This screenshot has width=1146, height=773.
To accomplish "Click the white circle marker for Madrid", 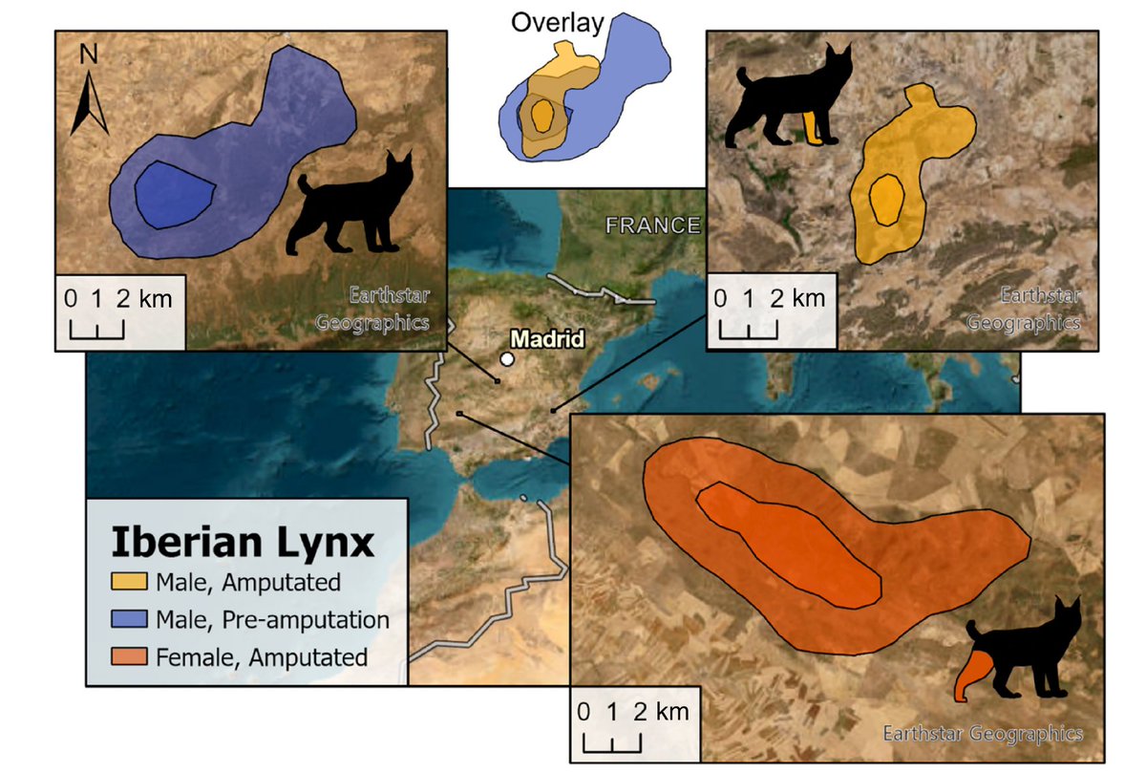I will (507, 359).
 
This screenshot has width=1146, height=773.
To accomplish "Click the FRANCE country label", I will (652, 225).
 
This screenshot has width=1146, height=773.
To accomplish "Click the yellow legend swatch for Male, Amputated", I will (128, 581).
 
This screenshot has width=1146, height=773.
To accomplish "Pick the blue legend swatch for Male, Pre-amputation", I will (128, 619).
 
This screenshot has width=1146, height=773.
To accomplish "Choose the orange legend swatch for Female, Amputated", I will (128, 656).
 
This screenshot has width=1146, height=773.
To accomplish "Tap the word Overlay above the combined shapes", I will (557, 23).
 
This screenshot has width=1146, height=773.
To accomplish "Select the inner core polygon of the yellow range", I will (887, 200).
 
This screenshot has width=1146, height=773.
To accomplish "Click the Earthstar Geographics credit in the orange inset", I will (982, 734).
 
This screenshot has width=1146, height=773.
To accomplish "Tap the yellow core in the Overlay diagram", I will (543, 118).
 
